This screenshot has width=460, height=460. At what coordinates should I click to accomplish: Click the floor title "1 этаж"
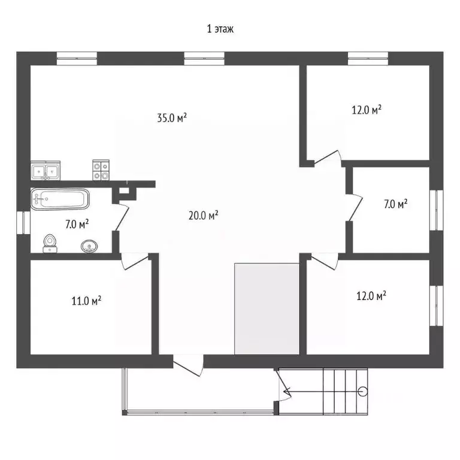[x=220, y=29]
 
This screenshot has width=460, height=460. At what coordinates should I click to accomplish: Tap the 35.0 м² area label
[x=172, y=118]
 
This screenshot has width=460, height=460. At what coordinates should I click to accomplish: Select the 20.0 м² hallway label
[x=203, y=216]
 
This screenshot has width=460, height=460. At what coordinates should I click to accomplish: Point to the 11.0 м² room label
[x=86, y=301]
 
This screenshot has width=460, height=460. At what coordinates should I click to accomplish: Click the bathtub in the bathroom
[x=60, y=199]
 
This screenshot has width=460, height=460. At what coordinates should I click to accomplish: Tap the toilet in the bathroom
[x=50, y=244]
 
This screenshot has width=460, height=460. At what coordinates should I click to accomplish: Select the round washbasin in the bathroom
[x=89, y=246]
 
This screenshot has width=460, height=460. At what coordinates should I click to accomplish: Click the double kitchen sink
[x=46, y=171]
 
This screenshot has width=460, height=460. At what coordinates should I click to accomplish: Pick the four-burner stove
[x=101, y=170]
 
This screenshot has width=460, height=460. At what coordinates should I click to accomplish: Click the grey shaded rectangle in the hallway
[x=267, y=308]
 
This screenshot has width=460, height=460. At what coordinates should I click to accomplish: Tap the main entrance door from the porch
[x=188, y=365]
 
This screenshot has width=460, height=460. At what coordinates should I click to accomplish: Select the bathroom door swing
[x=121, y=216]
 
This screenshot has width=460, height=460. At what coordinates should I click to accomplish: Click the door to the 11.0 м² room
[x=135, y=261]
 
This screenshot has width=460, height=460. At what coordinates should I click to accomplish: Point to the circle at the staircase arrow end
[x=363, y=391]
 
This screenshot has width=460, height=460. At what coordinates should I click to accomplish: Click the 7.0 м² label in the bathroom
[x=77, y=225]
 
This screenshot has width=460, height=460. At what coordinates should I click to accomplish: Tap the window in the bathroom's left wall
[x=23, y=222]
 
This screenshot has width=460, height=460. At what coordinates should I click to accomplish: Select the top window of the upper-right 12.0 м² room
[x=368, y=58]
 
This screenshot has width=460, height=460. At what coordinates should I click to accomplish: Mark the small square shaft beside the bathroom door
[x=125, y=190]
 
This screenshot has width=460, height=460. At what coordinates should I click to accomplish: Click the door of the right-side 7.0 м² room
[x=355, y=208]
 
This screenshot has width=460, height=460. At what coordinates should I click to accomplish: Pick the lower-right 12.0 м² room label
[x=371, y=296]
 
